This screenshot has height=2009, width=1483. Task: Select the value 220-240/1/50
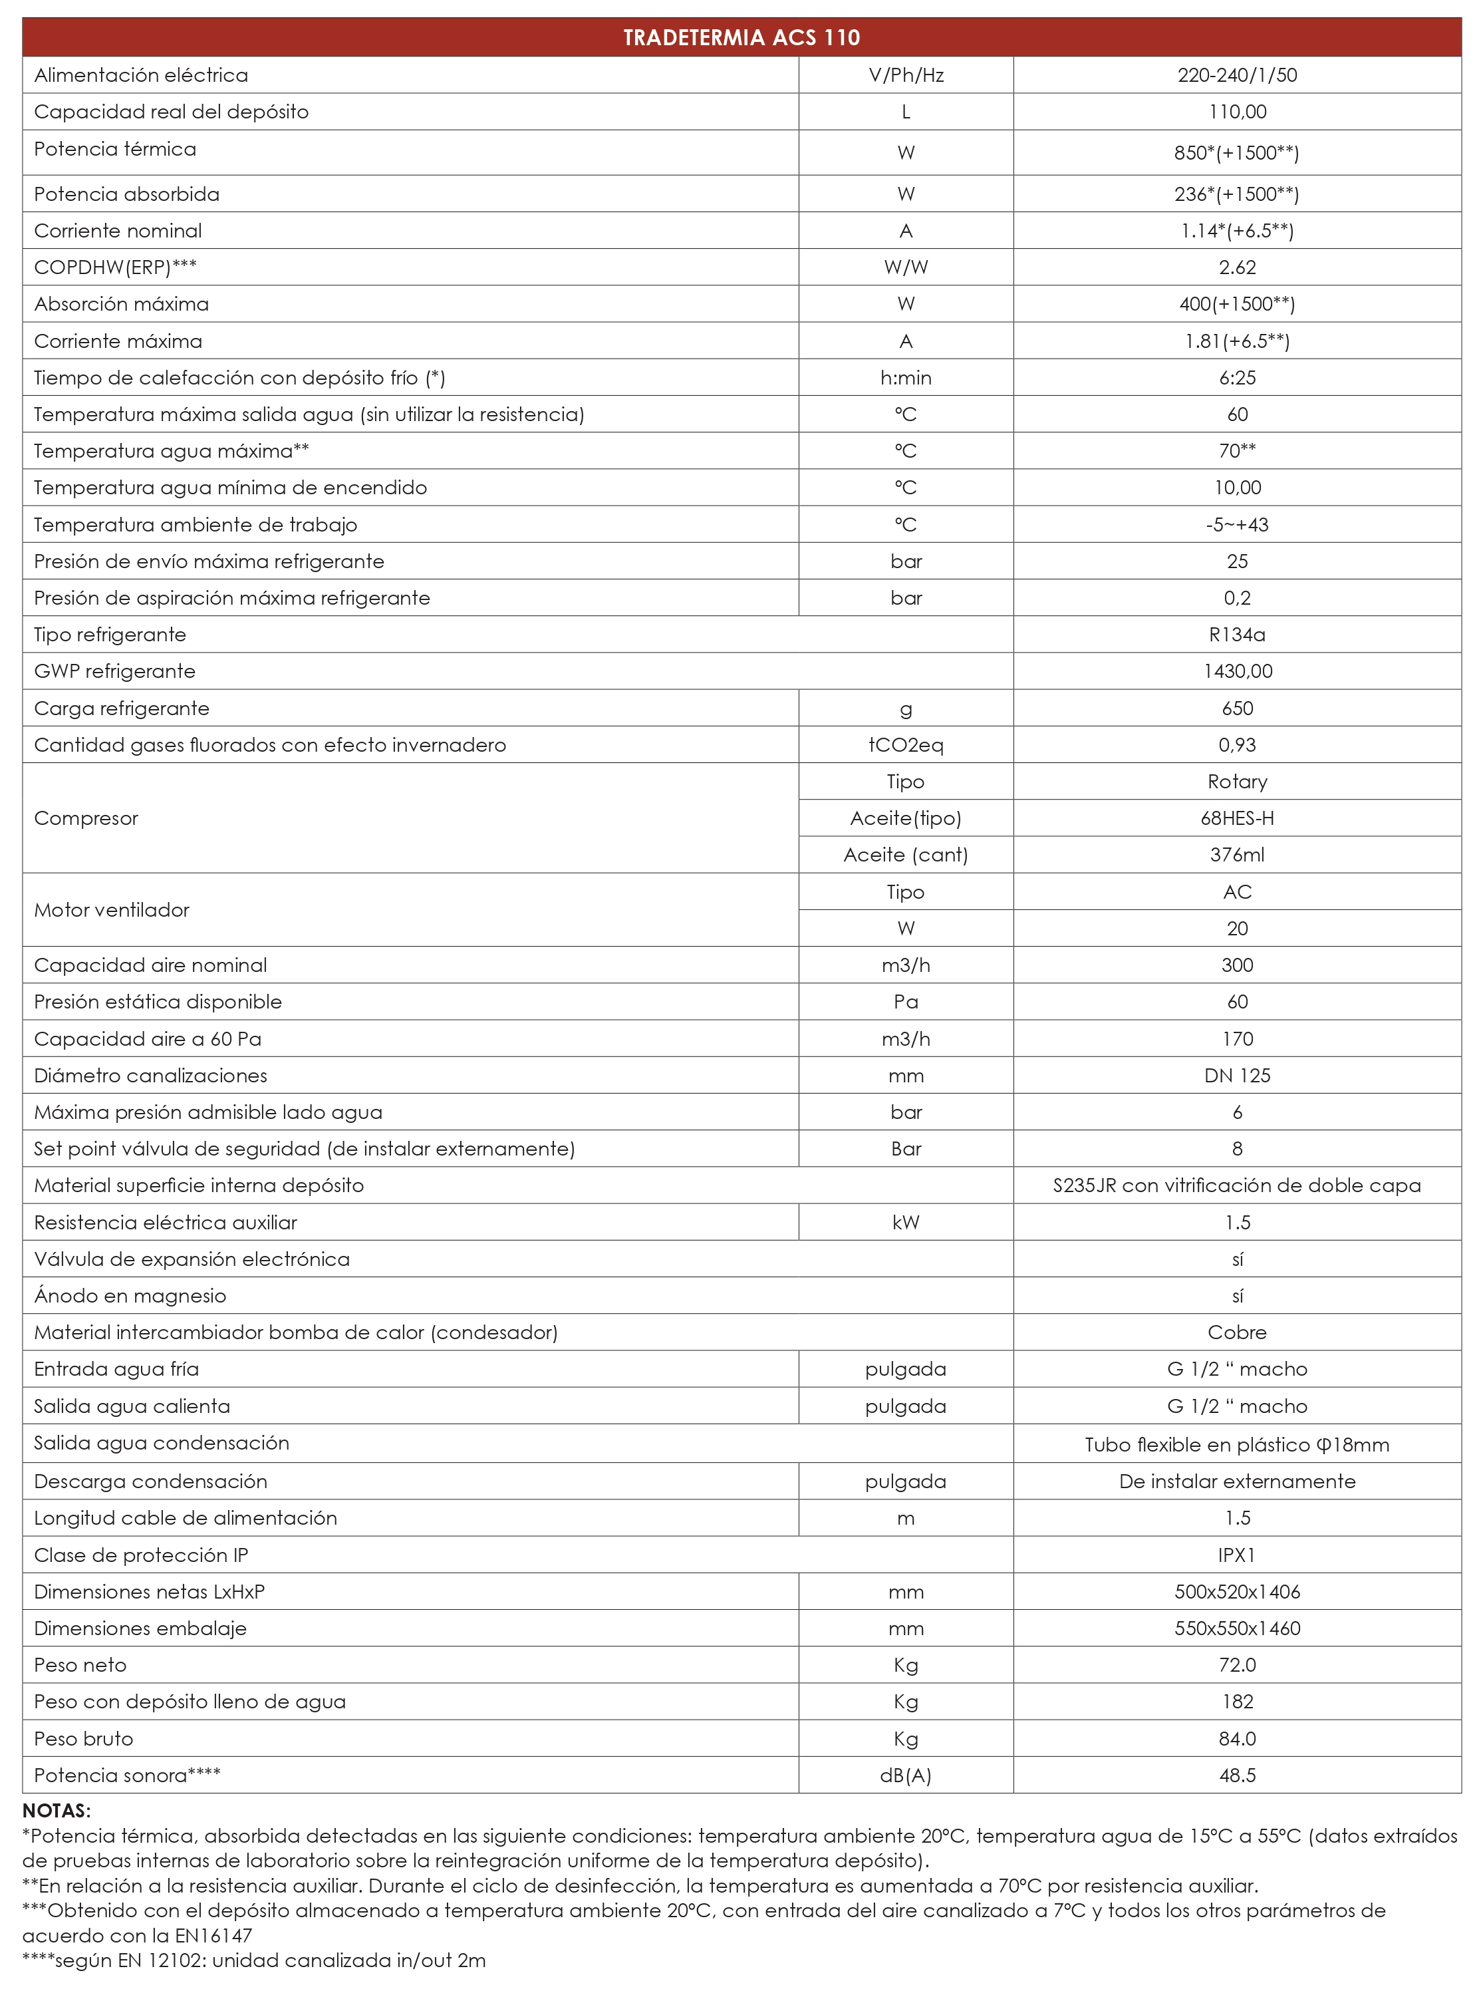[1237, 75]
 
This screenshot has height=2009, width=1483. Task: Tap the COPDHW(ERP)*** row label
[115, 267]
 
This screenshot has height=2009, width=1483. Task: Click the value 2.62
[1237, 267]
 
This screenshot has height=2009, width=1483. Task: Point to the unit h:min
[906, 378]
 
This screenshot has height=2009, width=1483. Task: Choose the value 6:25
[1237, 378]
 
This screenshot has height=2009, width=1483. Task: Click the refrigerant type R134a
[1237, 635]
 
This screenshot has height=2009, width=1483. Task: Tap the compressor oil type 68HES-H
[1237, 818]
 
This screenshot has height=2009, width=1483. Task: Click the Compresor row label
[86, 818]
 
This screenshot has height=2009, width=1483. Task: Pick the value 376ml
[1237, 855]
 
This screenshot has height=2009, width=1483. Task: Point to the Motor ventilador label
[111, 911]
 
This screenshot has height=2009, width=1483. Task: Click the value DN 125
[1237, 1076]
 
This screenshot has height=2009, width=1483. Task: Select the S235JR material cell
[1237, 1185]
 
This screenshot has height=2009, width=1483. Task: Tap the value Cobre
[1237, 1332]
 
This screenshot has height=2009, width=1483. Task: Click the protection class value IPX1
[1237, 1555]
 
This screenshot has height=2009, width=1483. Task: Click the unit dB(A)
[906, 1776]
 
